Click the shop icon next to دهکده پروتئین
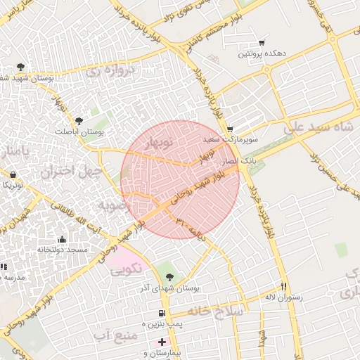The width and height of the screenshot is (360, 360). point(262,43)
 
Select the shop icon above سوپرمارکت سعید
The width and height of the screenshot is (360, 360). point(230,129)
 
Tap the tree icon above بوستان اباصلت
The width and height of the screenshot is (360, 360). point(78,120)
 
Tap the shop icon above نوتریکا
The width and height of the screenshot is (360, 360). point(13,174)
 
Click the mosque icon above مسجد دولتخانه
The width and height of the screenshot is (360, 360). point(62,239)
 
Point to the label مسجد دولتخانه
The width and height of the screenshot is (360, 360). point(62,250)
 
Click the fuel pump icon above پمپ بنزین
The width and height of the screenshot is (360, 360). point(162,312)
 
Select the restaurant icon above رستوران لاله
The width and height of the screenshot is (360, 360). point(285,286)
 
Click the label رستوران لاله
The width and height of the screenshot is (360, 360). point(283,297)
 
